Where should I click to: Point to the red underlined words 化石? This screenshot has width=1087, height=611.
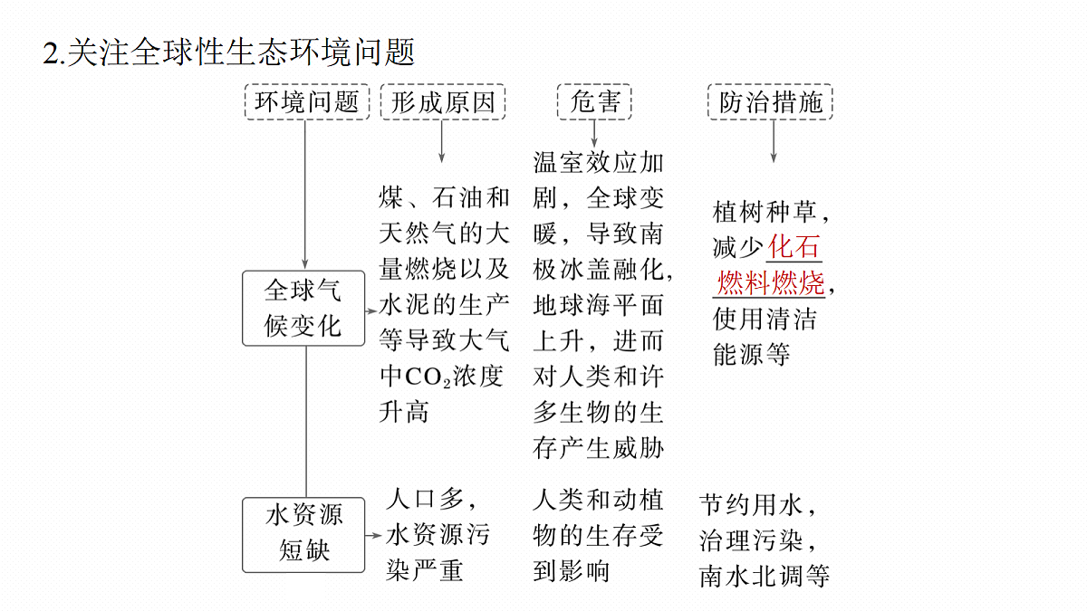(794, 246)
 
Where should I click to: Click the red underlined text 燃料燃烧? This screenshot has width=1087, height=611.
(771, 282)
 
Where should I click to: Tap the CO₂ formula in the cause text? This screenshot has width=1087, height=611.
(428, 377)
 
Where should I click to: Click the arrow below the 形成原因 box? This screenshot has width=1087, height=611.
(442, 141)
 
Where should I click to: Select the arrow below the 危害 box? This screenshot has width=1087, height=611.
(594, 133)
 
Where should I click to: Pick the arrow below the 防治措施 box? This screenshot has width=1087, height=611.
(774, 141)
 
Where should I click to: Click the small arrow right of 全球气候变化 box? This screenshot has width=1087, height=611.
(371, 310)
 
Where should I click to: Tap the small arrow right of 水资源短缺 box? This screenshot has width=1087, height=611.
(373, 535)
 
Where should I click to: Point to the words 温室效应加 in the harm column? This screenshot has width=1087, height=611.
(599, 162)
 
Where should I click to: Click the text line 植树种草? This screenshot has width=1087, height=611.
(765, 212)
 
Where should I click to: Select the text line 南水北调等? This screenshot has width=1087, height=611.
(765, 576)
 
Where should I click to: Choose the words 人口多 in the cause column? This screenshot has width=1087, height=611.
(425, 499)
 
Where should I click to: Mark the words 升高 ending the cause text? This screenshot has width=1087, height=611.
(404, 412)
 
